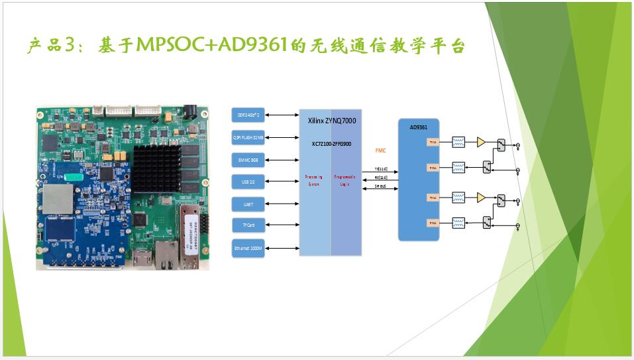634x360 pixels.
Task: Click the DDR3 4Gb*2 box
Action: click(248, 115)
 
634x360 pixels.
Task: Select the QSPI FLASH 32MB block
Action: click(248, 137)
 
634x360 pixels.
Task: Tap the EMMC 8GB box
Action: click(248, 159)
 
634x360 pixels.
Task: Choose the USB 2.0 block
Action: click(248, 181)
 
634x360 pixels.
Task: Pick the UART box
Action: click(248, 204)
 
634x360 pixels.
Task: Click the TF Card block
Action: click(248, 225)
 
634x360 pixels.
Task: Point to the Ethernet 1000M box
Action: click(248, 248)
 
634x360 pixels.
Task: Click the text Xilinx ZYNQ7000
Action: click(330, 122)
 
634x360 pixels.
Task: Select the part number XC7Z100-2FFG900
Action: click(331, 143)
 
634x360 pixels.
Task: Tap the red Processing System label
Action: click(314, 180)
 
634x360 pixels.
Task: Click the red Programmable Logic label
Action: click(346, 180)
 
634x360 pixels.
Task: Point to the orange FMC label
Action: click(380, 151)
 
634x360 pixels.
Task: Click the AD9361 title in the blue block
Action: click(418, 127)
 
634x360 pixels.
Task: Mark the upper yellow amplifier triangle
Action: click(480, 142)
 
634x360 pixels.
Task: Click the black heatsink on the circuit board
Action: click(157, 168)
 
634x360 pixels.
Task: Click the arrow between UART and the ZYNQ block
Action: click(282, 204)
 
